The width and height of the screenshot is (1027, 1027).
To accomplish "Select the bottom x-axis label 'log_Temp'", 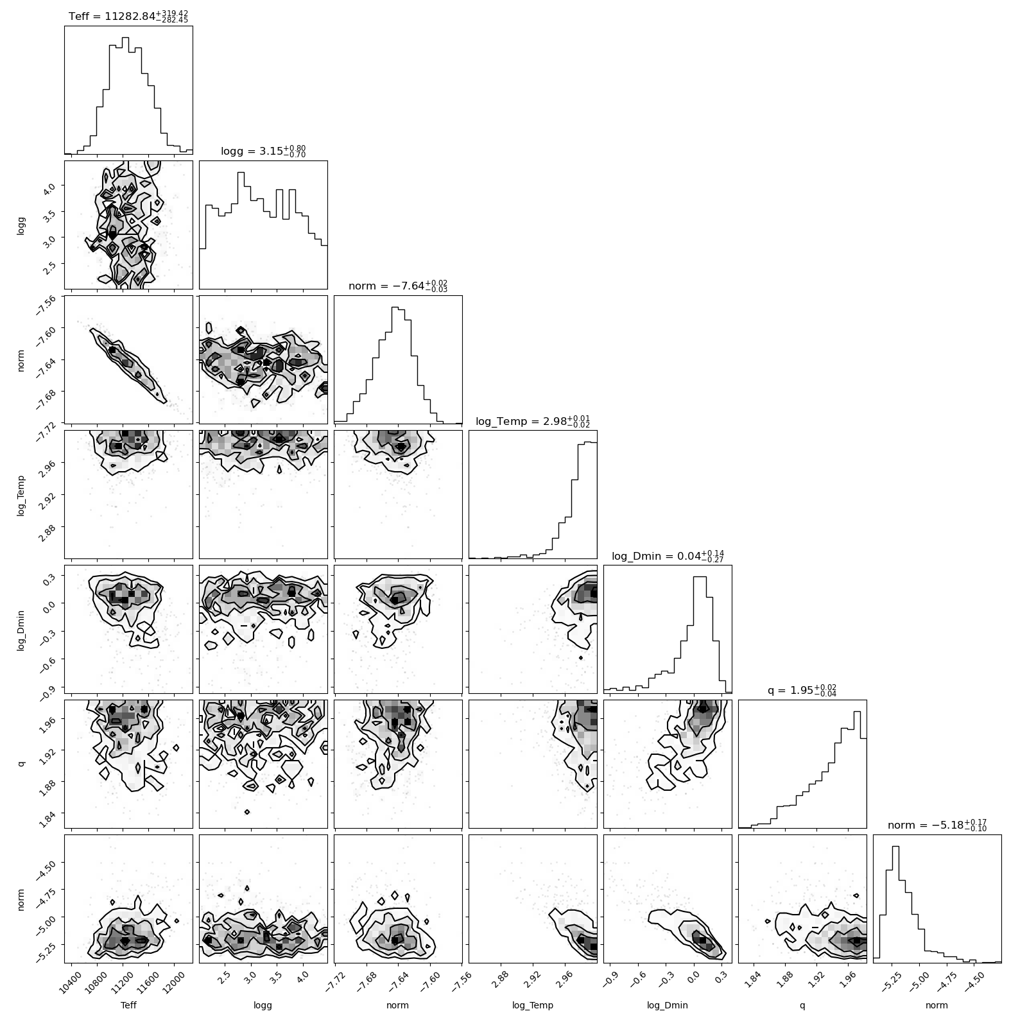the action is coord(533,1006).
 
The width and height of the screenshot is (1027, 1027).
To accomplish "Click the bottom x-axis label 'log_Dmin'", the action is coord(668,1006).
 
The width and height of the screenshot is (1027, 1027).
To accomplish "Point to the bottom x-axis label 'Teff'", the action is coord(128,1005).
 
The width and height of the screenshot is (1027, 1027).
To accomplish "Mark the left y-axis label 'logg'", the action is coord(21,225).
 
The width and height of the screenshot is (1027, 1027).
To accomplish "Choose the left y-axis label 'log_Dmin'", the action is coord(21,629).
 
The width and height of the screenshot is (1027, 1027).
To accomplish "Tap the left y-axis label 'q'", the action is coord(21,764).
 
